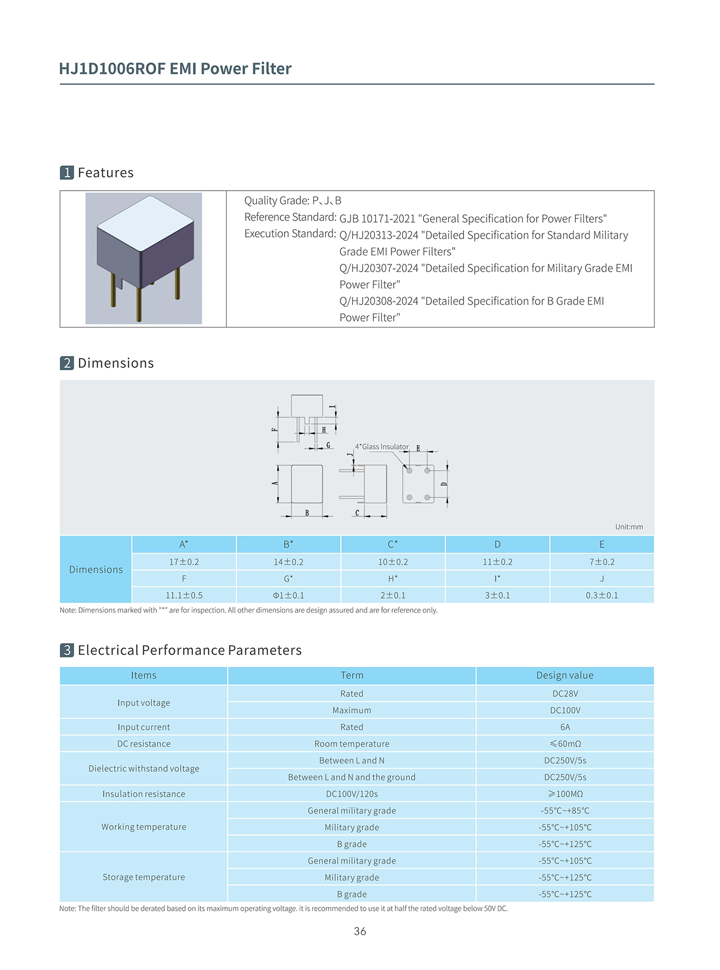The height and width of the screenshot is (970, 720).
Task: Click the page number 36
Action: pos(360,931)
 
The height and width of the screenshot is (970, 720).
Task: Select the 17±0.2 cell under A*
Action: pos(184,562)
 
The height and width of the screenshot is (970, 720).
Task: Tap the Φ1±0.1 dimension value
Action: pos(288,595)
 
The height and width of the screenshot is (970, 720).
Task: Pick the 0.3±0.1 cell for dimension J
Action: pos(601,595)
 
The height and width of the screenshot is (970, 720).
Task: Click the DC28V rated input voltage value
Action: pos(565,694)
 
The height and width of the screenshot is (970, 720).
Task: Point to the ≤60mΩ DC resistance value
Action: pos(565,744)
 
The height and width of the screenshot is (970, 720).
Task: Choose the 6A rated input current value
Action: pos(565,727)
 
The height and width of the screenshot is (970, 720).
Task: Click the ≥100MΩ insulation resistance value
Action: pos(565,794)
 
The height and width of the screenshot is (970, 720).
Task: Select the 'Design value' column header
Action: pos(565,675)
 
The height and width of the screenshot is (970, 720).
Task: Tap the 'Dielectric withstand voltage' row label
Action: pos(143,769)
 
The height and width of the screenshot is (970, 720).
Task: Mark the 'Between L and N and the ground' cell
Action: pos(352,777)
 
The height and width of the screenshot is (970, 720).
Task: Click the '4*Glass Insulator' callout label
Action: pos(382,447)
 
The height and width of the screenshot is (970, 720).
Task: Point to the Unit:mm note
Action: pos(629,527)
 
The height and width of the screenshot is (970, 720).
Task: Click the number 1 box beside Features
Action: pos(67,173)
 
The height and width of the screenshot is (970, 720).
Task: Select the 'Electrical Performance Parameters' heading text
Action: pos(190,650)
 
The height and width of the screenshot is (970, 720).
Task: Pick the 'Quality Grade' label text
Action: pos(276,201)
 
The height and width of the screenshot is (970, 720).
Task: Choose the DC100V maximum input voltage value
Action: pos(565,711)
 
